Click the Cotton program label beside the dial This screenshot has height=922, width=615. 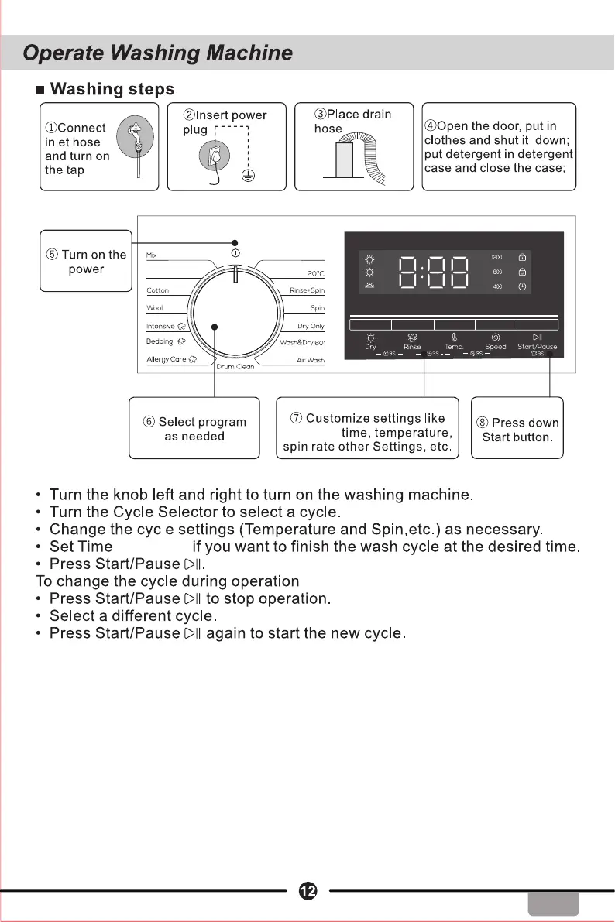[x=158, y=290]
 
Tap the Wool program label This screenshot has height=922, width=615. [x=155, y=307]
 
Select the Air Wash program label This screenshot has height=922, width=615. [x=310, y=360]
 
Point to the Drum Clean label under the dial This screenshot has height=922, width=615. [x=235, y=367]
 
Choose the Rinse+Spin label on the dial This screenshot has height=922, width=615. [x=307, y=290]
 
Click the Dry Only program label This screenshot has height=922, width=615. [x=311, y=326]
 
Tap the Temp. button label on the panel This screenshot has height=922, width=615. [x=454, y=348]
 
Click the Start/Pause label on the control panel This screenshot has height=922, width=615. [x=537, y=347]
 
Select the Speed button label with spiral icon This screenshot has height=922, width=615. [x=495, y=347]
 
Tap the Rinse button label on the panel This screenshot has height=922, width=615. [x=412, y=348]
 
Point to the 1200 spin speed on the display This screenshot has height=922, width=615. [x=497, y=257]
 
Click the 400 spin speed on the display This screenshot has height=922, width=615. [x=498, y=287]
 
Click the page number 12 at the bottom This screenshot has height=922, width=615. [x=307, y=892]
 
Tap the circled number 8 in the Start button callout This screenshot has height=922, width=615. [x=483, y=423]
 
